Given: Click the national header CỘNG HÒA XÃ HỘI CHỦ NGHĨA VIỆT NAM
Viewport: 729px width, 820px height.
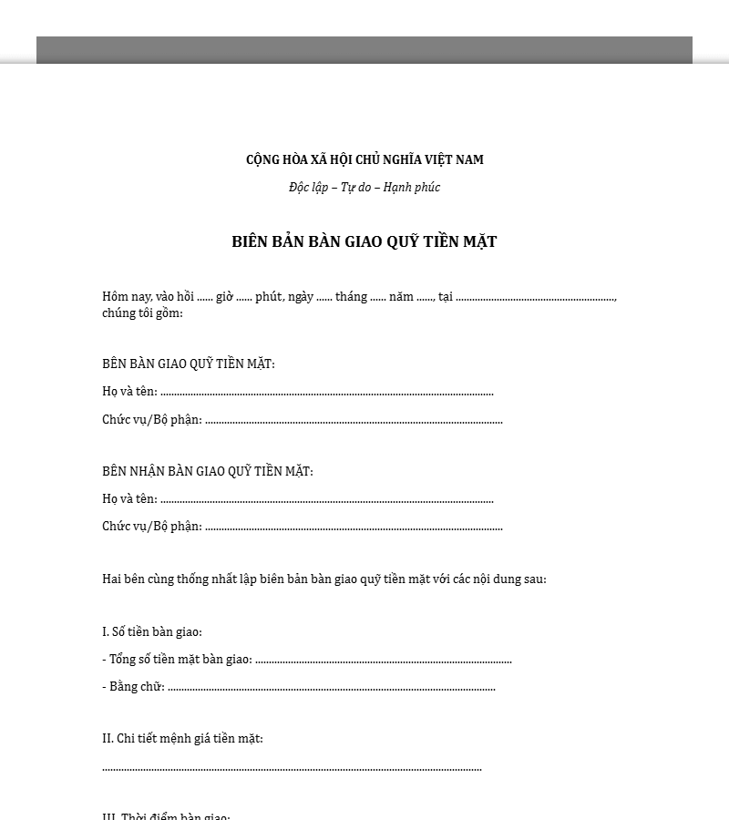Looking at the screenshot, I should [x=364, y=159].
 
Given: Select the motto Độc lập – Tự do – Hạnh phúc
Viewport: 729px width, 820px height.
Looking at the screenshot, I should [x=364, y=188].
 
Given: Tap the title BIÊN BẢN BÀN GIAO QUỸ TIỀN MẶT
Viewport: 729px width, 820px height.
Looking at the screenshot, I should [x=364, y=242].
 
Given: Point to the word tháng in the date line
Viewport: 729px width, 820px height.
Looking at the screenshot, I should [x=351, y=296].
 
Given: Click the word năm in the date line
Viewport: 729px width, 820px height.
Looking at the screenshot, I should [x=401, y=296].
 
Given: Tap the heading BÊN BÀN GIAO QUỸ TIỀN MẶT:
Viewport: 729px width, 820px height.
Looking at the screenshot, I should [x=189, y=364].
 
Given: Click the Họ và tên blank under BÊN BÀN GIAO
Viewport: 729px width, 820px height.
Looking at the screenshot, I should [x=326, y=394].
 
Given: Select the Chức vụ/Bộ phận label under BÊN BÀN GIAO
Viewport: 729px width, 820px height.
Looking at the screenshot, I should [x=152, y=420].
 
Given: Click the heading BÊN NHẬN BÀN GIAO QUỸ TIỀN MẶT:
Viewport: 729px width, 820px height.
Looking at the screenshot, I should [x=208, y=471].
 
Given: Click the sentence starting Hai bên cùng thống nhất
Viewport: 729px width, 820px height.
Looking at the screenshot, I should [x=324, y=579].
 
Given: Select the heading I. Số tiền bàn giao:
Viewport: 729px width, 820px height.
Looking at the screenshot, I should [x=152, y=631].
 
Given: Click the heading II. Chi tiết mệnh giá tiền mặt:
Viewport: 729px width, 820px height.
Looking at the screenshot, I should [x=182, y=738].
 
